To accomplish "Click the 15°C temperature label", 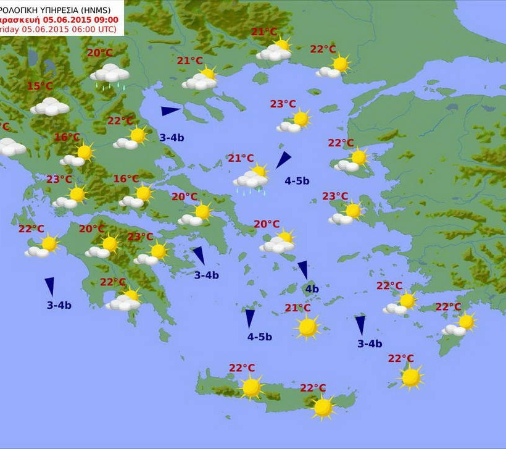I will point(40,86).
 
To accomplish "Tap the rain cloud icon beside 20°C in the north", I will point(110,74).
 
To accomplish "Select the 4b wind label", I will point(312,288).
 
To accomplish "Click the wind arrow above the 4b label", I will point(303,270).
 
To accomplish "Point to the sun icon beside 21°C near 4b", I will point(307,327).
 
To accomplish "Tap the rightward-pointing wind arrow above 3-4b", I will point(170,111).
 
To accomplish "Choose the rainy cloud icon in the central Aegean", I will point(251,180).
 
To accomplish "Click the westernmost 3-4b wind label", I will point(59,305).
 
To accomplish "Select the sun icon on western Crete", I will point(251,387).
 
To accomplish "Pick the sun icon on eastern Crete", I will point(323,407).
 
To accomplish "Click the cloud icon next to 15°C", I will point(50,107).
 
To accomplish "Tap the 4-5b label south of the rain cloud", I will point(297,181).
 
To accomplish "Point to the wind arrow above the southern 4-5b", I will point(250,318).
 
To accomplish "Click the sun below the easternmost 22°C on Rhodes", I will point(467,322).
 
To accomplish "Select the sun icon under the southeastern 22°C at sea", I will point(411,376).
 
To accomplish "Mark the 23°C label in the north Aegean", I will point(283,104).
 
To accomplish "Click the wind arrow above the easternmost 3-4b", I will point(360,325).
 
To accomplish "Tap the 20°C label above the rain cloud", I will point(99,53).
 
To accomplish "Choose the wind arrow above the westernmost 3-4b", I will point(49,286).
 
